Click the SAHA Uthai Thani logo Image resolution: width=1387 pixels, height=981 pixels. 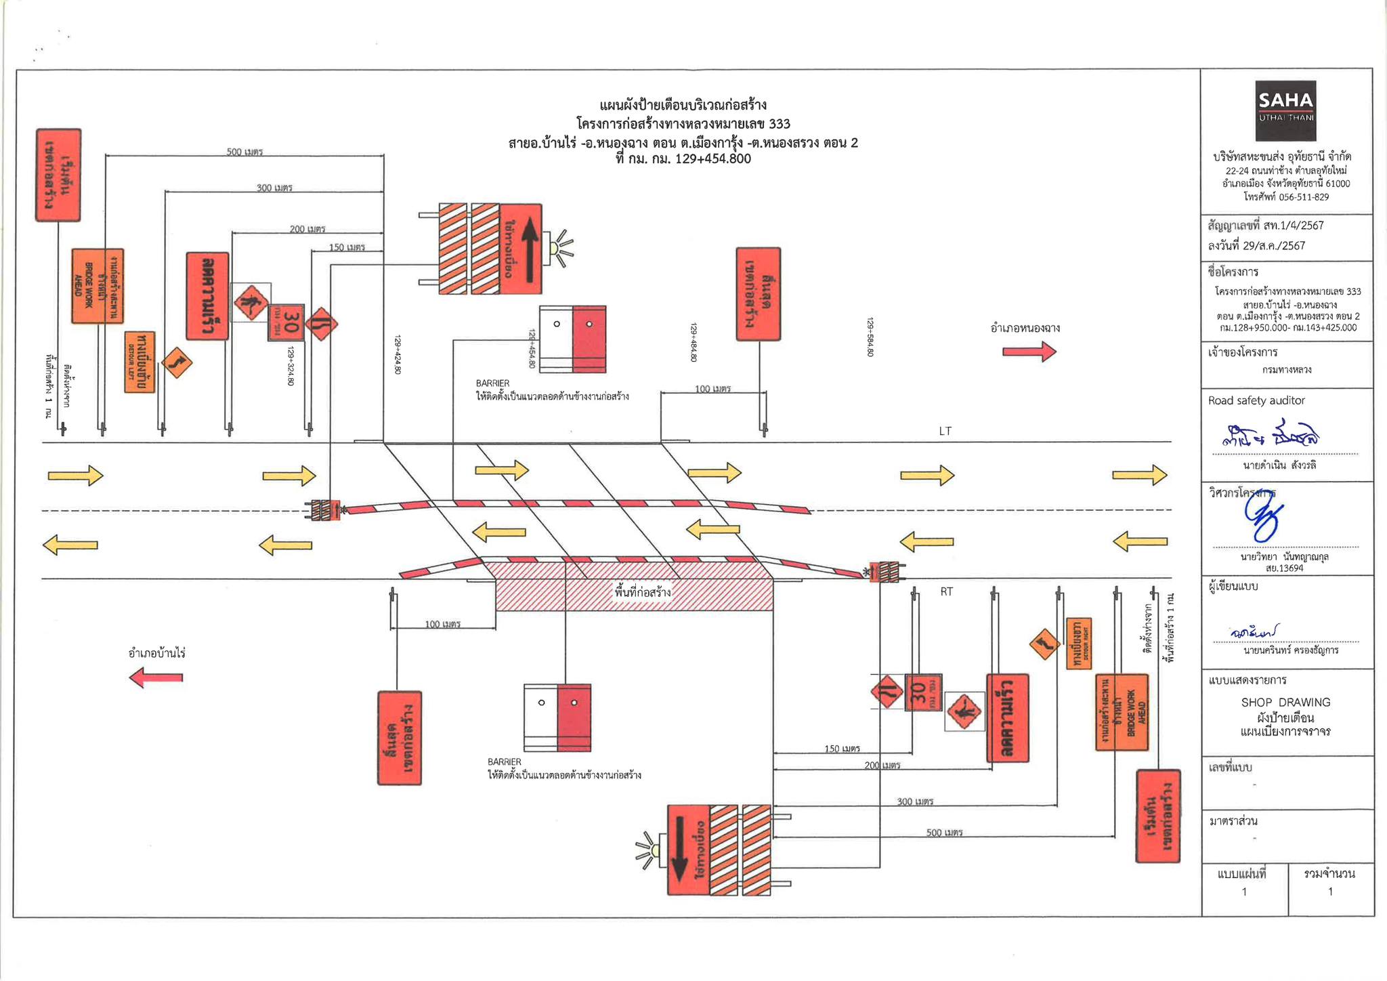[1285, 110]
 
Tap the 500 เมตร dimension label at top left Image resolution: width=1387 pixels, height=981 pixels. [244, 152]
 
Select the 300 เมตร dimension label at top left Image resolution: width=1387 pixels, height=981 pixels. [274, 188]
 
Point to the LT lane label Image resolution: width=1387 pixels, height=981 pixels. [945, 431]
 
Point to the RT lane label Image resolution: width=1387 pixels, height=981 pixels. [946, 591]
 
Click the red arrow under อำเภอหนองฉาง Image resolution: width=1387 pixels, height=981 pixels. [1029, 351]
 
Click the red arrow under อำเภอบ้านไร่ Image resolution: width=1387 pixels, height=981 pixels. [156, 677]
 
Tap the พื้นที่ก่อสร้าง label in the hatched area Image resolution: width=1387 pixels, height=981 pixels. [643, 593]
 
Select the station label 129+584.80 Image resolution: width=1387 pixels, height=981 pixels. [870, 337]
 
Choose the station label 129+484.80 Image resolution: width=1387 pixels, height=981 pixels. [693, 342]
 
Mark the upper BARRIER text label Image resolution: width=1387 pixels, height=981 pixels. [492, 383]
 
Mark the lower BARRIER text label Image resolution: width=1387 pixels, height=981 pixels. [505, 762]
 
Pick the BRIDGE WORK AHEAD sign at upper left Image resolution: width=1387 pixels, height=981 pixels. [98, 286]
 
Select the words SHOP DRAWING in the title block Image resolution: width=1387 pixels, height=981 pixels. [1285, 703]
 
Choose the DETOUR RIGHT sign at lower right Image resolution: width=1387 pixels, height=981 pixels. [1078, 643]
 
